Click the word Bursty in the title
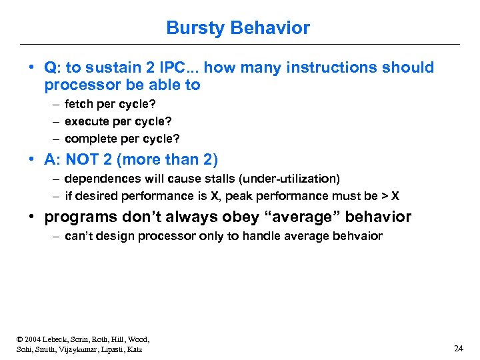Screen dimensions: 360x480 tap(196, 28)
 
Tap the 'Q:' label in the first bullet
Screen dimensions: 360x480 tap(52, 67)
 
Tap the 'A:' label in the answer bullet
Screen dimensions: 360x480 tap(52, 159)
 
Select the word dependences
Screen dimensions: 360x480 tap(97, 179)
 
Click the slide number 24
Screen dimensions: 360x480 tap(458, 349)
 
